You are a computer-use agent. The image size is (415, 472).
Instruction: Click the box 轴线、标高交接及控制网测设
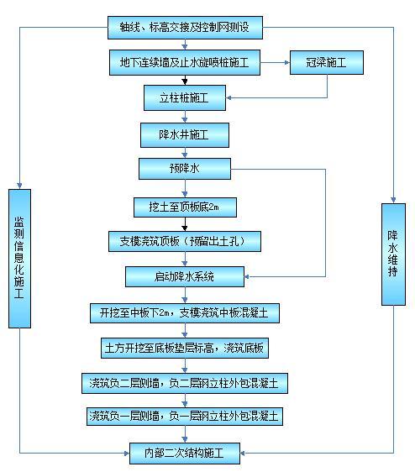[x=185, y=28]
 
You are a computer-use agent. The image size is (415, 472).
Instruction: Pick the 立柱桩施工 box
[x=184, y=98]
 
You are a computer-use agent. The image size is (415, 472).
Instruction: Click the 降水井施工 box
[x=184, y=134]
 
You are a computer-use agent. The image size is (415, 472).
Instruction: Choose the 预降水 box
[x=184, y=170]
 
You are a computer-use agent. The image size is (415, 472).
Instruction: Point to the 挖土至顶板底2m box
[x=184, y=206]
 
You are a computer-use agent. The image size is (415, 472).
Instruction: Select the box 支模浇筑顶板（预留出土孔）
[x=184, y=242]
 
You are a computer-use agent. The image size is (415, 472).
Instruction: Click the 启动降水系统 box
[x=185, y=276]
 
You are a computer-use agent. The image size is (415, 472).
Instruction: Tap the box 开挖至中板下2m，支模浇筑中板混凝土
[x=184, y=313]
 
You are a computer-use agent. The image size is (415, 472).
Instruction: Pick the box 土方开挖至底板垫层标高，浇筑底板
[x=185, y=348]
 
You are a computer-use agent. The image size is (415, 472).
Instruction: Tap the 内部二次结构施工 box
[x=185, y=453]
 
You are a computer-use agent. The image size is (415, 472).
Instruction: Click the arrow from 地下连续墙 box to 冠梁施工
[x=275, y=62]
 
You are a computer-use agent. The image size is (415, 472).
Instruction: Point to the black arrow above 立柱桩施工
[x=184, y=80]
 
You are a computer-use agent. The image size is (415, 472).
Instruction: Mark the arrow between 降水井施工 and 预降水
[x=184, y=152]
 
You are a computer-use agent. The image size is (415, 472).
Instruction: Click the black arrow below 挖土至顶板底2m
[x=184, y=224]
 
